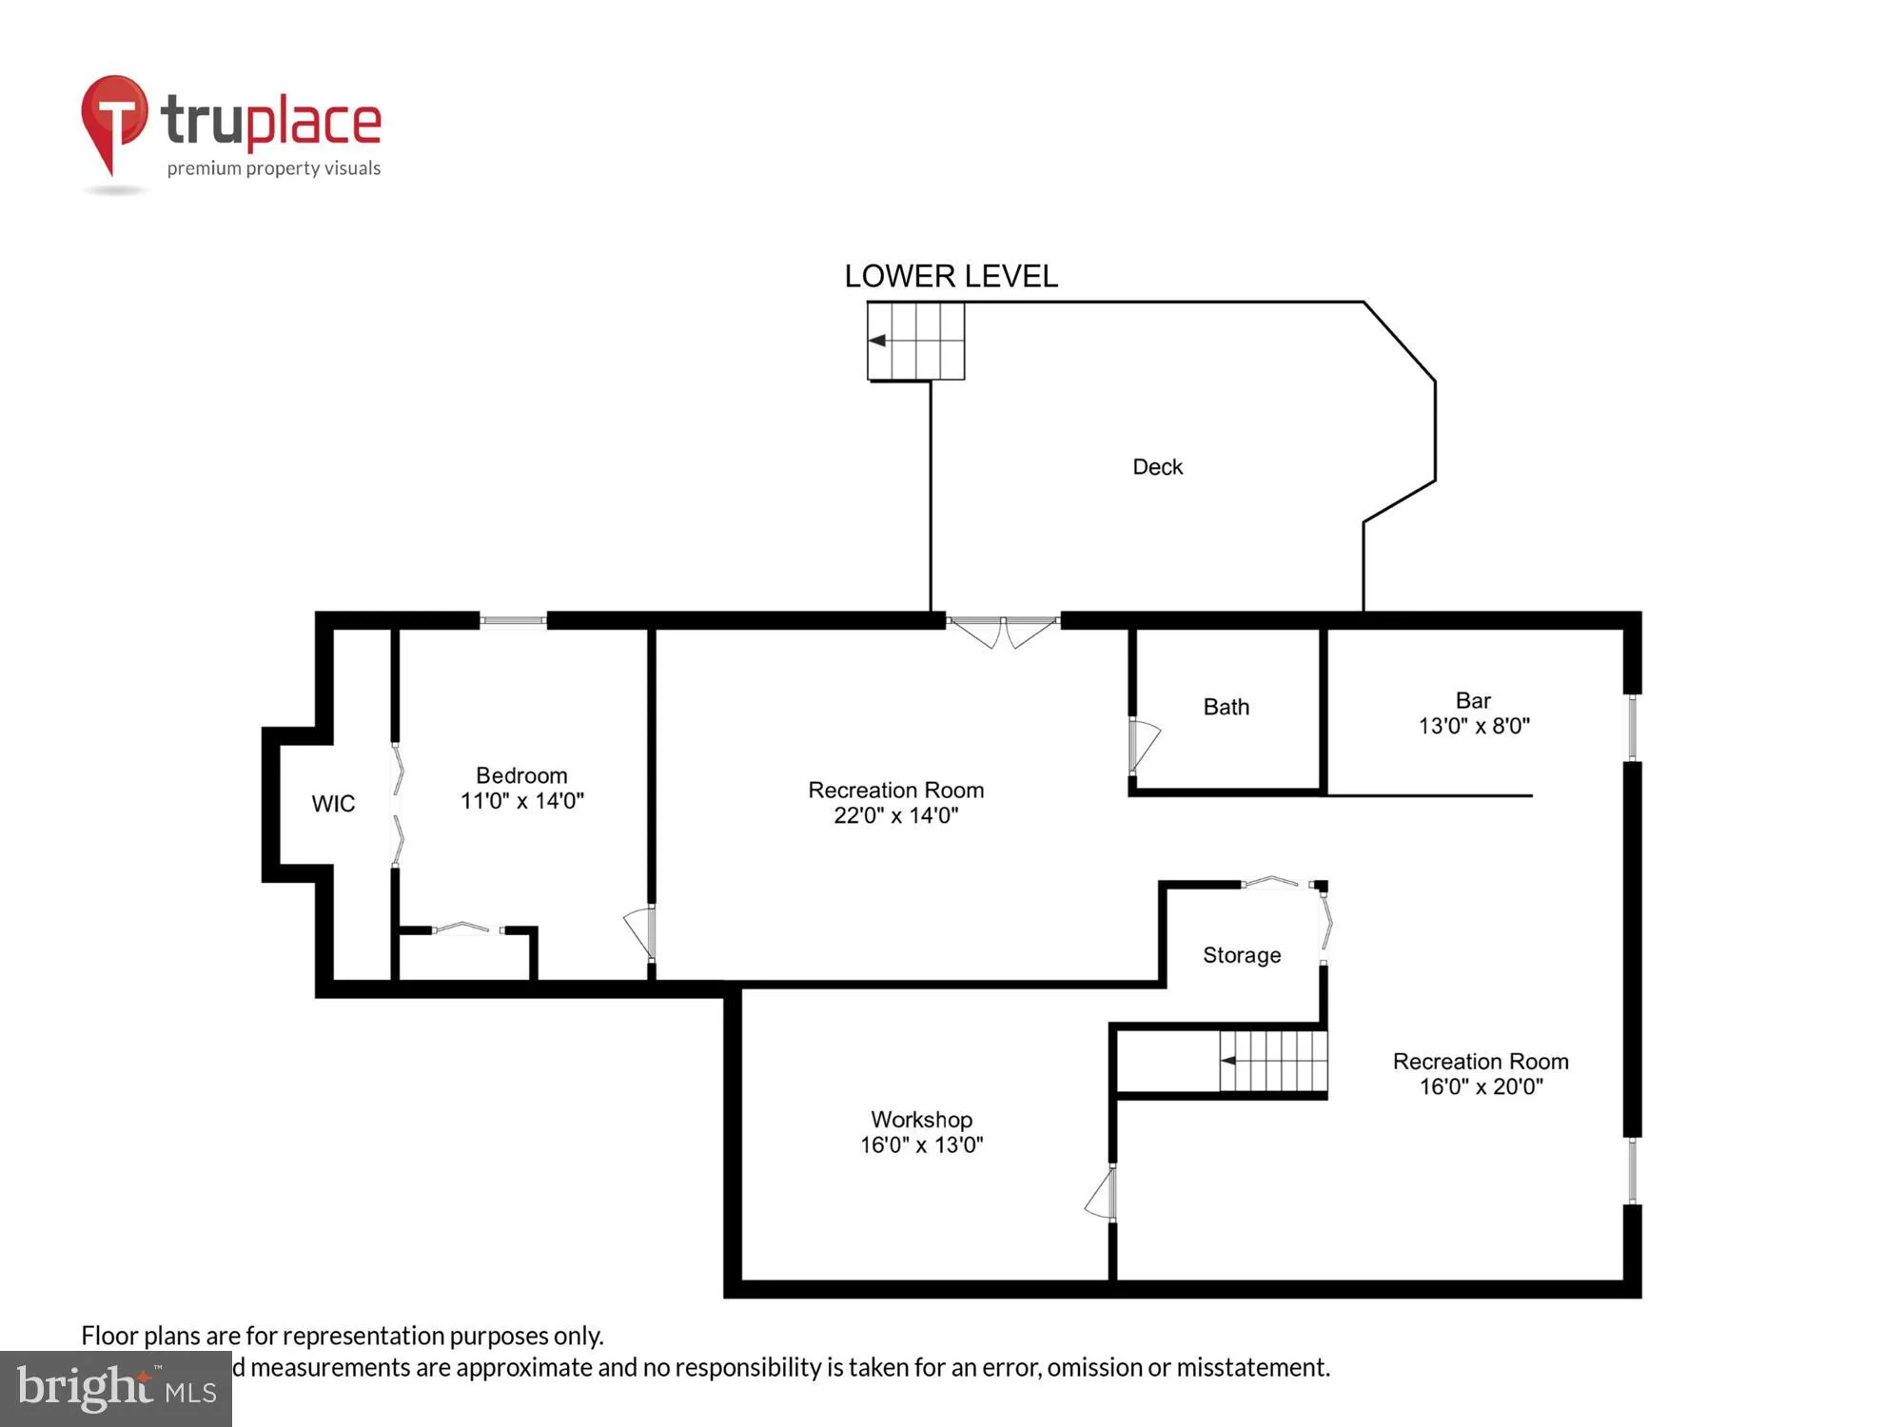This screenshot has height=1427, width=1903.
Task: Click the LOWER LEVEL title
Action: coord(951,276)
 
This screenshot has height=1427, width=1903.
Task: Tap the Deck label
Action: coord(1157,467)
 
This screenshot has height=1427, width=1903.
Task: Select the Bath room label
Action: coord(1226,707)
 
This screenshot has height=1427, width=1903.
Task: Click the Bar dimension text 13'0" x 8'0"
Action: coord(1474,726)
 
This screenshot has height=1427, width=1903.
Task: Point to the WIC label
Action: coord(333,804)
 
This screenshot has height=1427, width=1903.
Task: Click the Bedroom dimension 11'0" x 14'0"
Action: coord(521,801)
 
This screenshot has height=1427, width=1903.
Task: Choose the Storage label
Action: coord(1242,955)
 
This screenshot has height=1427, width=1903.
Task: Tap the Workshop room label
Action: coord(921,1120)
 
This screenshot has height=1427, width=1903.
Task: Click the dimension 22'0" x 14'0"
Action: coord(895,815)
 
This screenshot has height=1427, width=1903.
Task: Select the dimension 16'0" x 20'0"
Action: coord(1481,1086)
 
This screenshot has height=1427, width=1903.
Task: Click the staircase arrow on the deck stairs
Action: coord(877,341)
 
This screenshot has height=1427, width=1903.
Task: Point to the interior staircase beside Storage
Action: coord(1273,1061)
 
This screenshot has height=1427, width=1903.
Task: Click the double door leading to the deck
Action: coord(1003,630)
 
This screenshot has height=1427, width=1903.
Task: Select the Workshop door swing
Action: coord(1102,1195)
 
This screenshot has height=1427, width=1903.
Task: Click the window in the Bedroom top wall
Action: coord(513,621)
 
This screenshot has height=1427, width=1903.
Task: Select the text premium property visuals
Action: coord(274,168)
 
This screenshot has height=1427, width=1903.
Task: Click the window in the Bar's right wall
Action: coord(1633,728)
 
